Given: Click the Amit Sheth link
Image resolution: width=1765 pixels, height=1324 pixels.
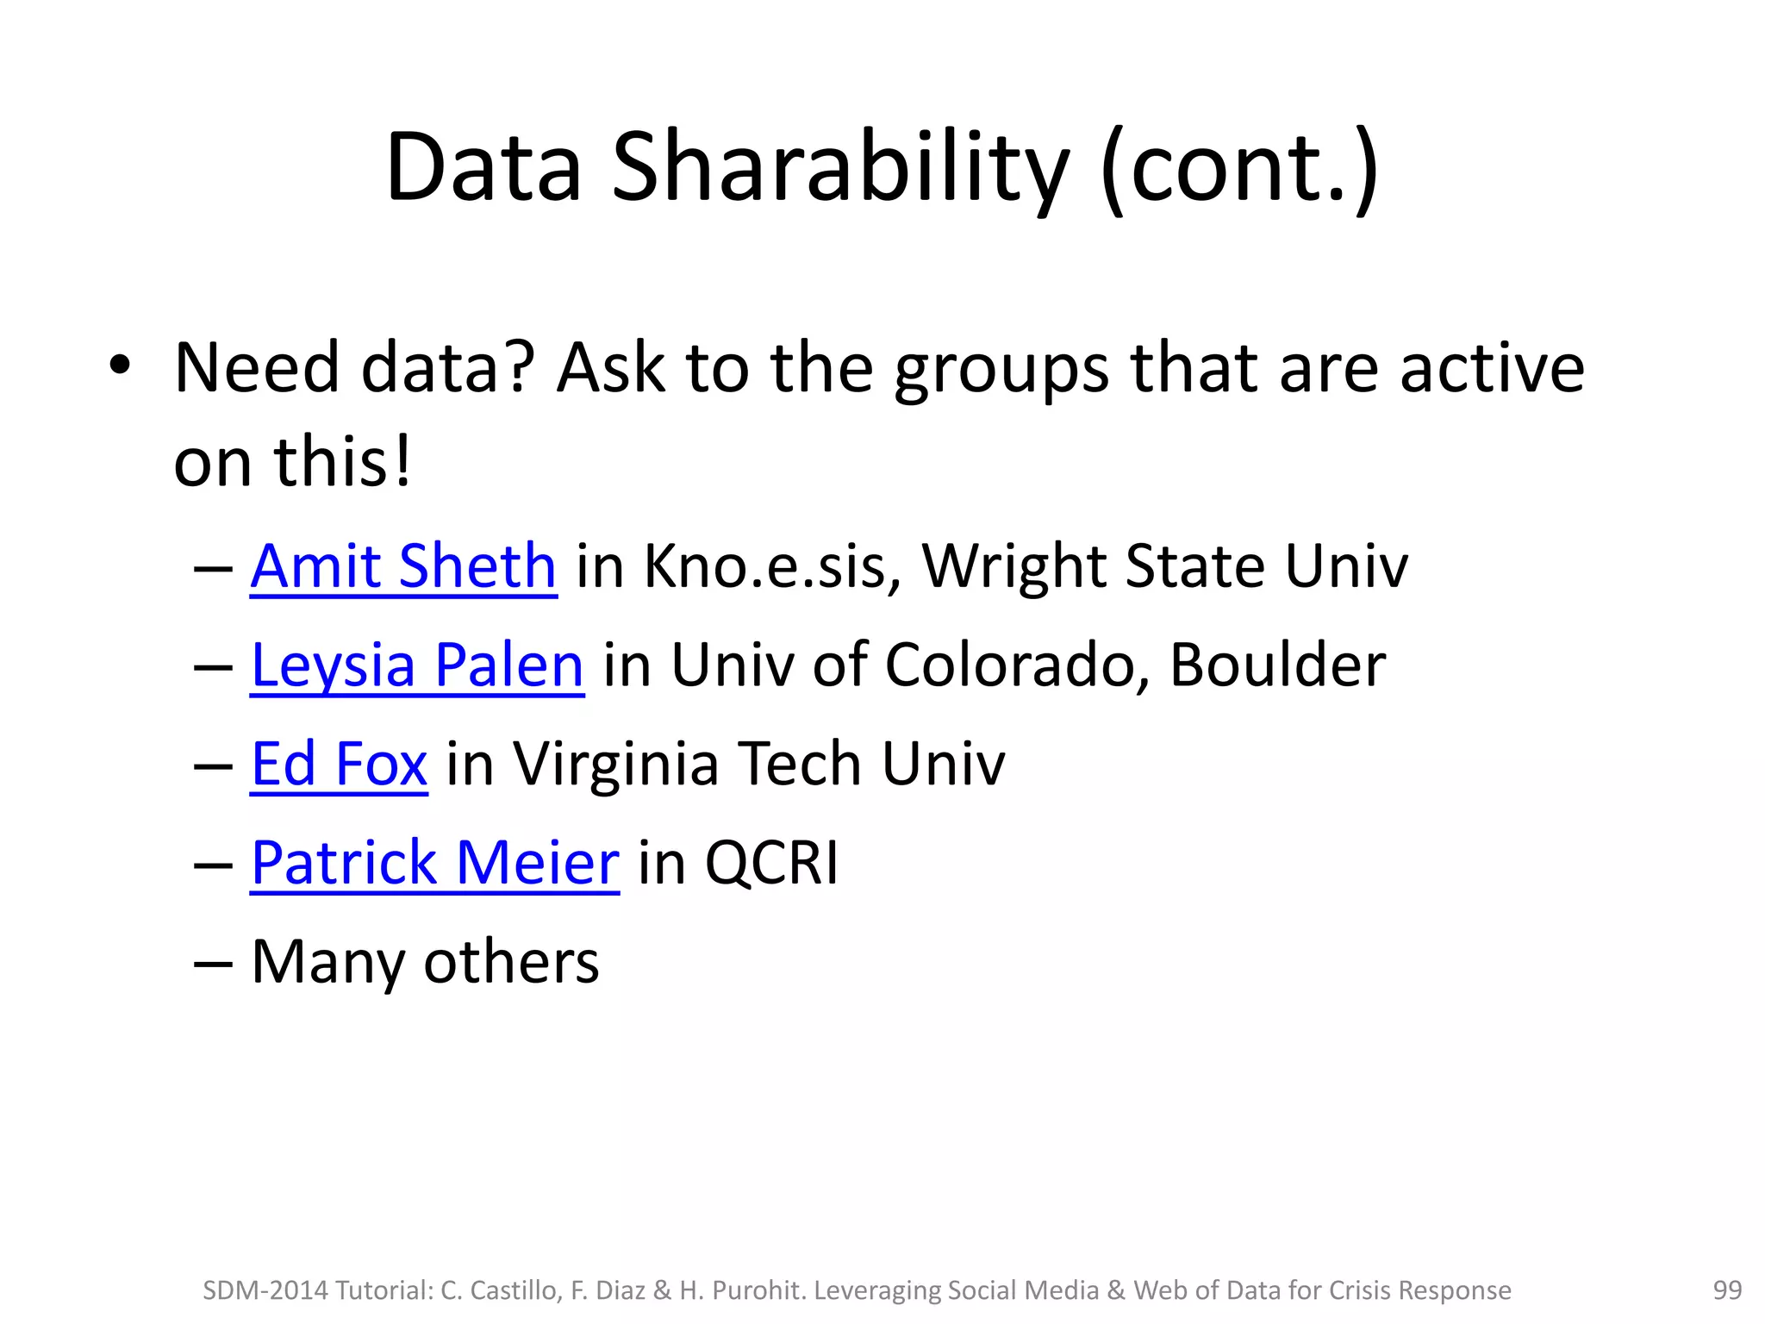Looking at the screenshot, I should point(403,567).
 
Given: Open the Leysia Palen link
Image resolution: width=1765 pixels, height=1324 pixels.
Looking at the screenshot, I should point(417,665).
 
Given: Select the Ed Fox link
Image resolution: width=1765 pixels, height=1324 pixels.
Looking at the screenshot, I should point(339,765).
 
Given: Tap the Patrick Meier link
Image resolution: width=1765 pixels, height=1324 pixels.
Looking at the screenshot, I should point(434,863).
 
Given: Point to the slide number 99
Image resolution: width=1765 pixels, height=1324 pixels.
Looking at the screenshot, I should point(1727,1290).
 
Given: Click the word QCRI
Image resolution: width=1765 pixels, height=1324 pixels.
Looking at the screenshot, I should point(771,863).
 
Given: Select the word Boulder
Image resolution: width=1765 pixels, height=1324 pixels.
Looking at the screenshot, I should point(1277,665).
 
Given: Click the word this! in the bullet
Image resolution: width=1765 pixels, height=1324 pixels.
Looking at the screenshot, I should point(342,463).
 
